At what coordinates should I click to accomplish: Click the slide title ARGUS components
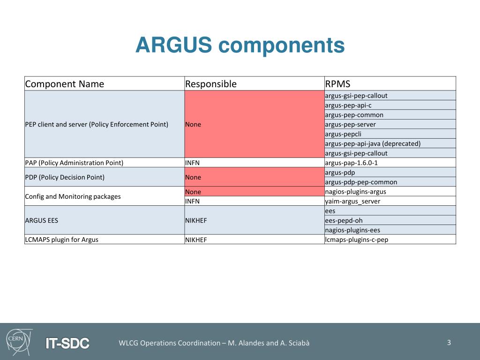coord(240,45)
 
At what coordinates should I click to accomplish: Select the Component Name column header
coord(64,84)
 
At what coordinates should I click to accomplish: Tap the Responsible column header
coord(210,84)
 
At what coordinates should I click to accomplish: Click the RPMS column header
coord(337,84)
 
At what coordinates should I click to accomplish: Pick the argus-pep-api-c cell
coord(348,105)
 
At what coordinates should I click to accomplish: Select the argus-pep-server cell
coord(350,124)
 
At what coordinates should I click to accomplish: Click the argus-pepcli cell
coord(343,134)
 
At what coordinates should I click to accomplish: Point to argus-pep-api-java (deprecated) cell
coord(372,143)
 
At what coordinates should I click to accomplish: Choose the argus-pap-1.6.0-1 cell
coord(351,163)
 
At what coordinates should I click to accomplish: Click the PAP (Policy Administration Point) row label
coord(74,163)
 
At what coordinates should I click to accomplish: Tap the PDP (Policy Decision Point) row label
coord(65,177)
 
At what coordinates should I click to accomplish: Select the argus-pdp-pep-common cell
coord(360,182)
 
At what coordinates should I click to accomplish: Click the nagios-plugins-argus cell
coord(355,191)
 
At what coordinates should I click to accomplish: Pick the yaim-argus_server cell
coord(352,201)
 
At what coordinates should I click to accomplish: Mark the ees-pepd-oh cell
coord(344,220)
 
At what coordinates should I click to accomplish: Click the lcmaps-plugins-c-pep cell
coord(356,240)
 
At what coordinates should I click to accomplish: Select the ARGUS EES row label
coord(41,220)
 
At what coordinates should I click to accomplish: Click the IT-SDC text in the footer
coord(67,343)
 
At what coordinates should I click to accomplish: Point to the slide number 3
coord(449,342)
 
